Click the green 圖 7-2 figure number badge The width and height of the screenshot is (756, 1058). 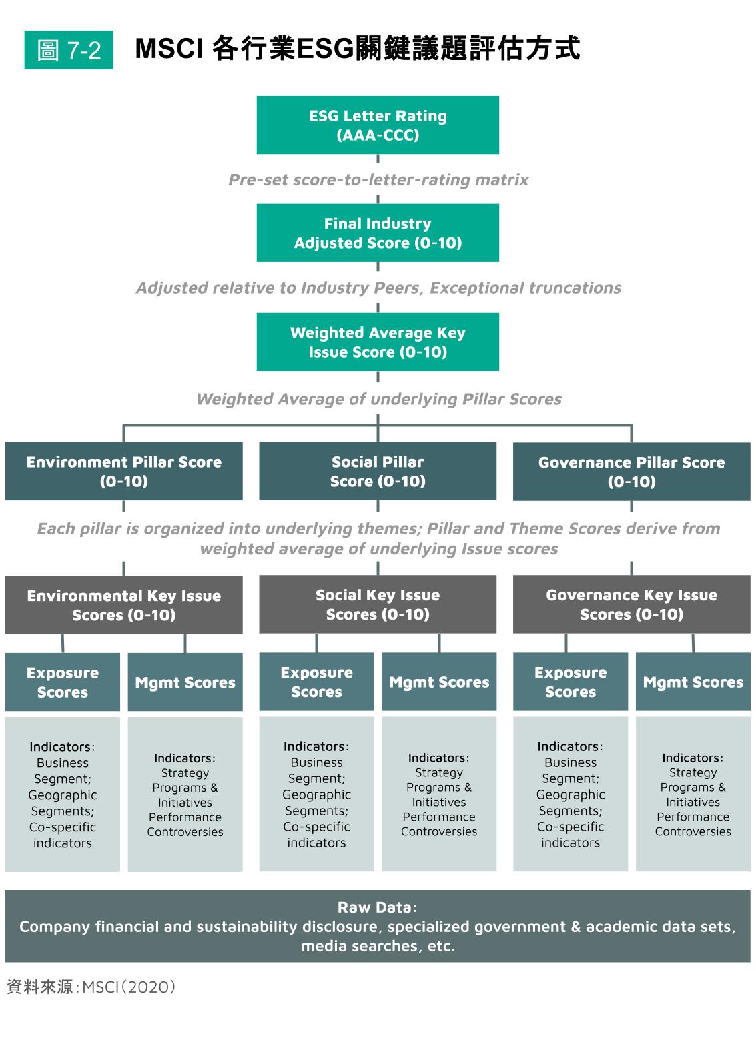(x=69, y=50)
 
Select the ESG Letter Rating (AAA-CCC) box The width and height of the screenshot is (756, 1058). (x=378, y=125)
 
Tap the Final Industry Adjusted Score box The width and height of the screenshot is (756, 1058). (x=378, y=233)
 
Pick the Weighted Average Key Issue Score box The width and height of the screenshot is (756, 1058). (x=378, y=342)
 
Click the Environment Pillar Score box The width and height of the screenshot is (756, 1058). (x=124, y=471)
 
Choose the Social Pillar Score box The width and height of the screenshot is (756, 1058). (x=378, y=471)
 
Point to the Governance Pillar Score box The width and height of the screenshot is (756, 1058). (x=631, y=472)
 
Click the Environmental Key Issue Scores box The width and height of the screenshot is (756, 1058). (x=124, y=605)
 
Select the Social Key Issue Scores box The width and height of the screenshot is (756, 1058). (x=378, y=604)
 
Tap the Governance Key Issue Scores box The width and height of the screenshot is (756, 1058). (x=631, y=604)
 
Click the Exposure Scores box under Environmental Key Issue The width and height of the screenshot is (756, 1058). (x=63, y=682)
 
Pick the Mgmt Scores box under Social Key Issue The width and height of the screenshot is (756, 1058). (x=439, y=682)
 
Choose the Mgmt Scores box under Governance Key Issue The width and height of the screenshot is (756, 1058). (x=693, y=682)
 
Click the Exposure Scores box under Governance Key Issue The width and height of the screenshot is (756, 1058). (x=571, y=682)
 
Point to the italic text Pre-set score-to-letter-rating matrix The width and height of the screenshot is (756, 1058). (x=378, y=180)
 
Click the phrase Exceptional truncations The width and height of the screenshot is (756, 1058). (x=525, y=288)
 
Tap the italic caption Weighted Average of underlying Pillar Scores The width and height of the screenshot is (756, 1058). (x=378, y=399)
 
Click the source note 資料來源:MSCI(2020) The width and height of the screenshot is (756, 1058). (x=91, y=987)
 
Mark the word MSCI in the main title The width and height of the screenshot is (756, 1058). (x=169, y=49)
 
